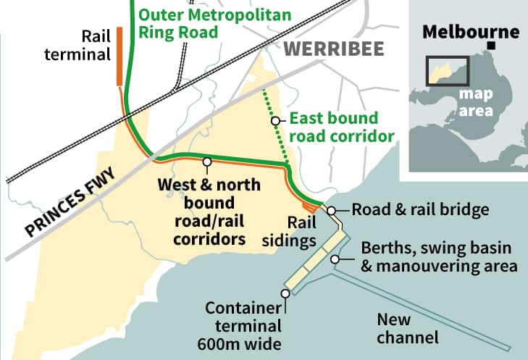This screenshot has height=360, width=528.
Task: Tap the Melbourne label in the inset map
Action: pos(471,32)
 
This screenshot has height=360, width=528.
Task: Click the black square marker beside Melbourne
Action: pos(493,46)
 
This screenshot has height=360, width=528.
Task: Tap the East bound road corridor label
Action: pos(340,127)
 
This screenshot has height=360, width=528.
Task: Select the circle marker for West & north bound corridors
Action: pos(207,162)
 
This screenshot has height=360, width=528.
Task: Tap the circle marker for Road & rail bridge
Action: pos(331,211)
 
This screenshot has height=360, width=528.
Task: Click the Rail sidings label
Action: pos(303,231)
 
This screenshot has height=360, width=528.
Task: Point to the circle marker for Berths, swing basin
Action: pos(335,259)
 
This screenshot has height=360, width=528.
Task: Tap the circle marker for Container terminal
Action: pos(285,293)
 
